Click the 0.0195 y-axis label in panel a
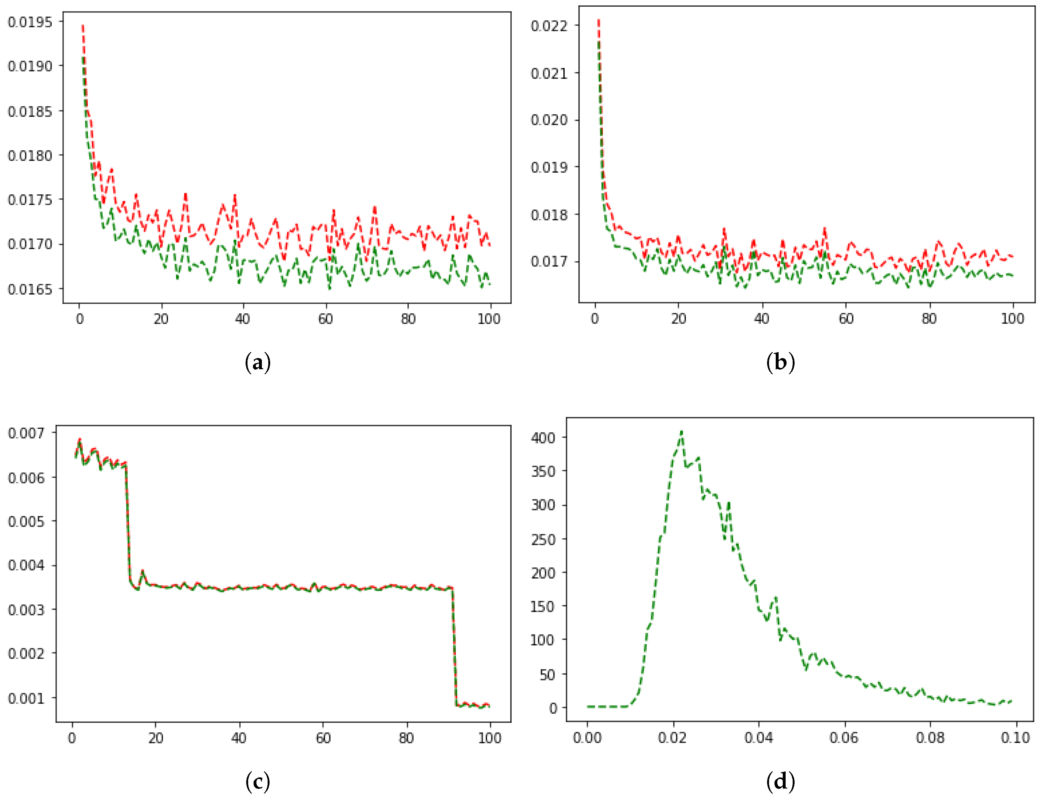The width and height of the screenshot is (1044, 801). [x=30, y=22]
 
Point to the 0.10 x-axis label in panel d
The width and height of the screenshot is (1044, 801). [x=1015, y=738]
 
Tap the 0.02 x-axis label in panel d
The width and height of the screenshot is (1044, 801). [x=672, y=738]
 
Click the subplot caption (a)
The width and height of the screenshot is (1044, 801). [x=258, y=363]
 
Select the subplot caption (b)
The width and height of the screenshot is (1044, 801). [x=780, y=363]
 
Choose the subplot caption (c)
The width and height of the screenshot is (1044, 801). [x=258, y=782]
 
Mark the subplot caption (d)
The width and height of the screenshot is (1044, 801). [x=780, y=782]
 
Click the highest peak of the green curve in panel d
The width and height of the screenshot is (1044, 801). [x=682, y=431]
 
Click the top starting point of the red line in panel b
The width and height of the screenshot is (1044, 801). [x=598, y=20]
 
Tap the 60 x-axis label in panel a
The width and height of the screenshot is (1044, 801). [x=325, y=319]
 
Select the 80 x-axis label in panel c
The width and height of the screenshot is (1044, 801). [x=406, y=738]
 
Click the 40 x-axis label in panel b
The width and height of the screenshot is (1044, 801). [x=762, y=319]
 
